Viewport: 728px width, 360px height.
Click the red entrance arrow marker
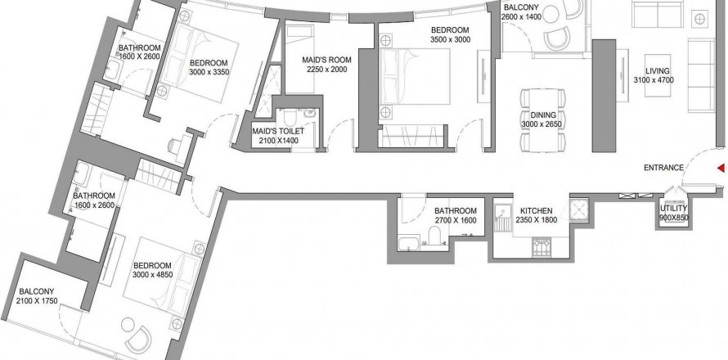pos(721,169)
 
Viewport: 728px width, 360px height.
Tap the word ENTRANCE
pos(663,169)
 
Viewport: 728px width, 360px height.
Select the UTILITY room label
pos(674,209)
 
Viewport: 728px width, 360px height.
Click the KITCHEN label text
pos(537,211)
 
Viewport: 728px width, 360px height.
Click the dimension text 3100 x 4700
pos(658,80)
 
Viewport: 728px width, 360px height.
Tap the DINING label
pos(543,115)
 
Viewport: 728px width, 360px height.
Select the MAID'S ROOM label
pos(327,60)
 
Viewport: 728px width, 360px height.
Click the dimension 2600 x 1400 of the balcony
pos(521,16)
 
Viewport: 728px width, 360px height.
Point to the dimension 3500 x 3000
pos(451,39)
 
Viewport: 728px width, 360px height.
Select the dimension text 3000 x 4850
pos(153,275)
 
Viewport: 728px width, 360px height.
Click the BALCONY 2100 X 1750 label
pos(37,296)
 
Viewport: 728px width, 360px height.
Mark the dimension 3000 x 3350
pos(209,72)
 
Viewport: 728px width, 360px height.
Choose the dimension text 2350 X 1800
pos(537,220)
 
